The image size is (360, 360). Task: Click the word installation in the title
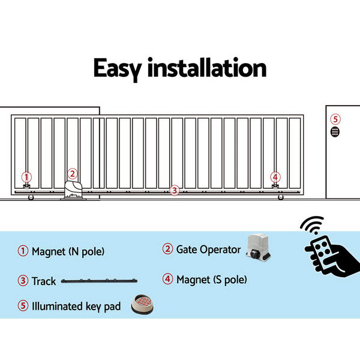[x=207, y=68]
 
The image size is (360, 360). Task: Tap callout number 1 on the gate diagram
[x=26, y=176]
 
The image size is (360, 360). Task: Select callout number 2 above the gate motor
[x=72, y=174]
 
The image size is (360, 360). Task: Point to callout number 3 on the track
[x=174, y=190]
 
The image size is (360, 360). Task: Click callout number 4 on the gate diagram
[x=275, y=176]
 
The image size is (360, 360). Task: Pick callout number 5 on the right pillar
[x=335, y=119]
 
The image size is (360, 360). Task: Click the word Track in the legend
[x=44, y=281]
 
